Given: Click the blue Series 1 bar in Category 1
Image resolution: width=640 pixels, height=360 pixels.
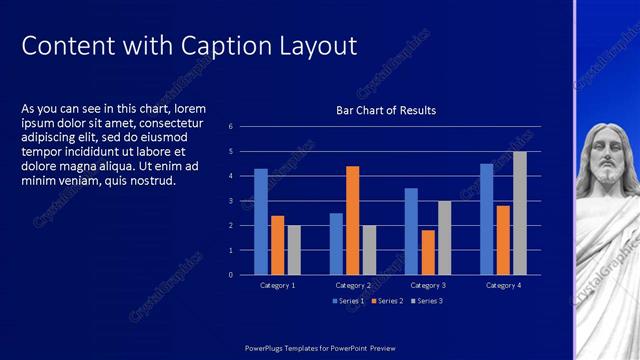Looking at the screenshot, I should (261, 221).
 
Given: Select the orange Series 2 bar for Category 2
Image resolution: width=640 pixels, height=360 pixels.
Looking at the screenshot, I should (352, 220).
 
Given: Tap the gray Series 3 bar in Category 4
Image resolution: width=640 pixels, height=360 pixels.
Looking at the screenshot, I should (520, 213).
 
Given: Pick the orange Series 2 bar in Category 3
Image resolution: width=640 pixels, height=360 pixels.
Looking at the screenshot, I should (428, 252).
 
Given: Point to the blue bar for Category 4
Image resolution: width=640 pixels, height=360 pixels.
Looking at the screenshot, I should (486, 219).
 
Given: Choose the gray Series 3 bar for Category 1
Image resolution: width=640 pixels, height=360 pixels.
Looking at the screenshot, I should (294, 250).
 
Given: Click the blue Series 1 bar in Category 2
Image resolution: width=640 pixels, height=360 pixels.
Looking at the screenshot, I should (336, 243).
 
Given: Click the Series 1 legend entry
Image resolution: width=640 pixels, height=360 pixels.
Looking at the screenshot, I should (349, 300).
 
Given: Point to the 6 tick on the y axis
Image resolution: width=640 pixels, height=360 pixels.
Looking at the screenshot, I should (230, 127).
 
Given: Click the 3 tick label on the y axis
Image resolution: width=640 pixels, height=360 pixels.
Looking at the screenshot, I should (230, 201).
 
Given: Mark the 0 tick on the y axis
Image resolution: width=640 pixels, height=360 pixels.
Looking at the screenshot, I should (230, 275).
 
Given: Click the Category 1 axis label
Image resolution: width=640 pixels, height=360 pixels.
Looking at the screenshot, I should (277, 286).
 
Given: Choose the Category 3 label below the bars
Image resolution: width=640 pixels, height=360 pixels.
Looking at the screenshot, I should (428, 286).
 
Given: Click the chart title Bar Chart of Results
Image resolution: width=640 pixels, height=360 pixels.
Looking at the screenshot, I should (386, 110).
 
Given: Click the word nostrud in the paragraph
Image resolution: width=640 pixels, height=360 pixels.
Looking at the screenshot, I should (152, 181).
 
